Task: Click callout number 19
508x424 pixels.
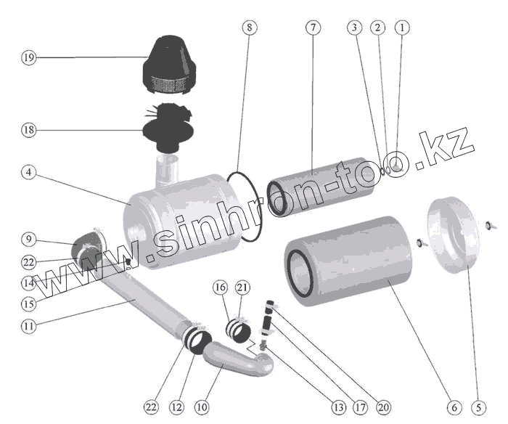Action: [x=28, y=58]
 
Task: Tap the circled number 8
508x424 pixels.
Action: [x=249, y=28]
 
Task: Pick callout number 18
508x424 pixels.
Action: [x=28, y=130]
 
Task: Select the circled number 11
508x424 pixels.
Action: [x=28, y=326]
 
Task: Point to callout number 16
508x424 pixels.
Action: [x=220, y=288]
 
